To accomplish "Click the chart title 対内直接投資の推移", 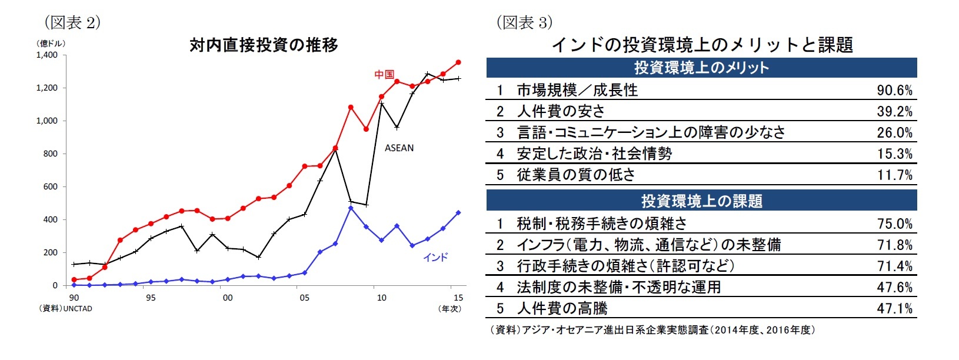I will pyautogui.click(x=264, y=45).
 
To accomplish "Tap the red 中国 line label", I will pyautogui.click(x=384, y=75).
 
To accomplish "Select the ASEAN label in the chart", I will pyautogui.click(x=399, y=148).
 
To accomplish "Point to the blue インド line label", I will pyautogui.click(x=435, y=258).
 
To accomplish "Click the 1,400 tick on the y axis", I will pyautogui.click(x=47, y=55).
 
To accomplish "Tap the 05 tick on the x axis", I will pyautogui.click(x=304, y=298).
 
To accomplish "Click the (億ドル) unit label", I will pyautogui.click(x=51, y=44).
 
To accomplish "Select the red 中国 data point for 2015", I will pyautogui.click(x=458, y=62).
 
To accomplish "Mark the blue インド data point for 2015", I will pyautogui.click(x=458, y=213).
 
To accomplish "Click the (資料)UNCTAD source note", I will pyautogui.click(x=65, y=309).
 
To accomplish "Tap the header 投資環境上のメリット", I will pyautogui.click(x=701, y=68).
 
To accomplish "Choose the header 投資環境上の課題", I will pyautogui.click(x=701, y=201).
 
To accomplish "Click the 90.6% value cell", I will pyautogui.click(x=894, y=91).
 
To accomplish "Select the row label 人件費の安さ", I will pyautogui.click(x=560, y=112).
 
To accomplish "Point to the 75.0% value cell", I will pyautogui.click(x=894, y=224).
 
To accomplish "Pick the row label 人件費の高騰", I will pyautogui.click(x=562, y=308).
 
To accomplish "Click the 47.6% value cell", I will pyautogui.click(x=894, y=288).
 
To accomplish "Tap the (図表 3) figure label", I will pyautogui.click(x=524, y=23).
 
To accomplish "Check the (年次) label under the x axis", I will pyautogui.click(x=450, y=309).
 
